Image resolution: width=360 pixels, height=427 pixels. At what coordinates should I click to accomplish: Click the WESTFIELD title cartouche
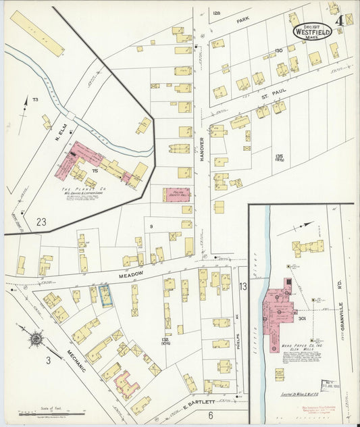312,30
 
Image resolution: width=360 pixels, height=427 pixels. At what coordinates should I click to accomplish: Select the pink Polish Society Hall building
176,195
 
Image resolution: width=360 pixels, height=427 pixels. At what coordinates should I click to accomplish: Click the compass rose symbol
36,336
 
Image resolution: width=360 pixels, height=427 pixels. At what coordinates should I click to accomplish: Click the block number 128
216,14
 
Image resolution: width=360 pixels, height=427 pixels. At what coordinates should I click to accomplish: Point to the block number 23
41,221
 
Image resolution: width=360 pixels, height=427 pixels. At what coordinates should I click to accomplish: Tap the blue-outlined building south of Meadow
105,295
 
